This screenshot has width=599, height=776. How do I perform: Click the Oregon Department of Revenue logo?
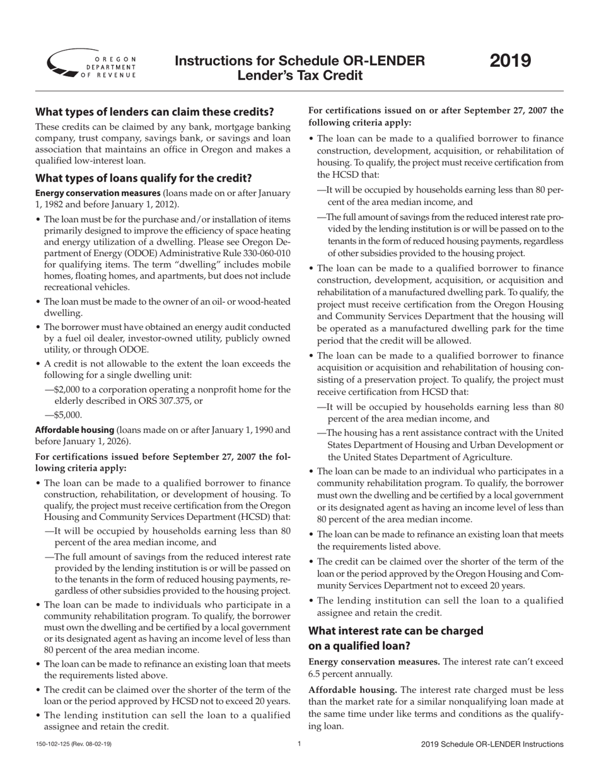click(91, 63)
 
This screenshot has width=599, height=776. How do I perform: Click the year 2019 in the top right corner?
click(511, 61)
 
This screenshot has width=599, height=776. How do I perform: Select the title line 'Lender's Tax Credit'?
click(299, 76)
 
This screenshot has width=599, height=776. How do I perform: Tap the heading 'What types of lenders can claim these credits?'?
click(154, 112)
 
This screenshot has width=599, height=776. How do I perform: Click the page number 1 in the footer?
click(299, 744)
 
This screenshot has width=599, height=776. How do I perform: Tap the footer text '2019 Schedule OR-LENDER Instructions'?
click(492, 745)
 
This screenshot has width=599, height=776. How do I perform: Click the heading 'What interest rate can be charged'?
click(395, 631)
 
